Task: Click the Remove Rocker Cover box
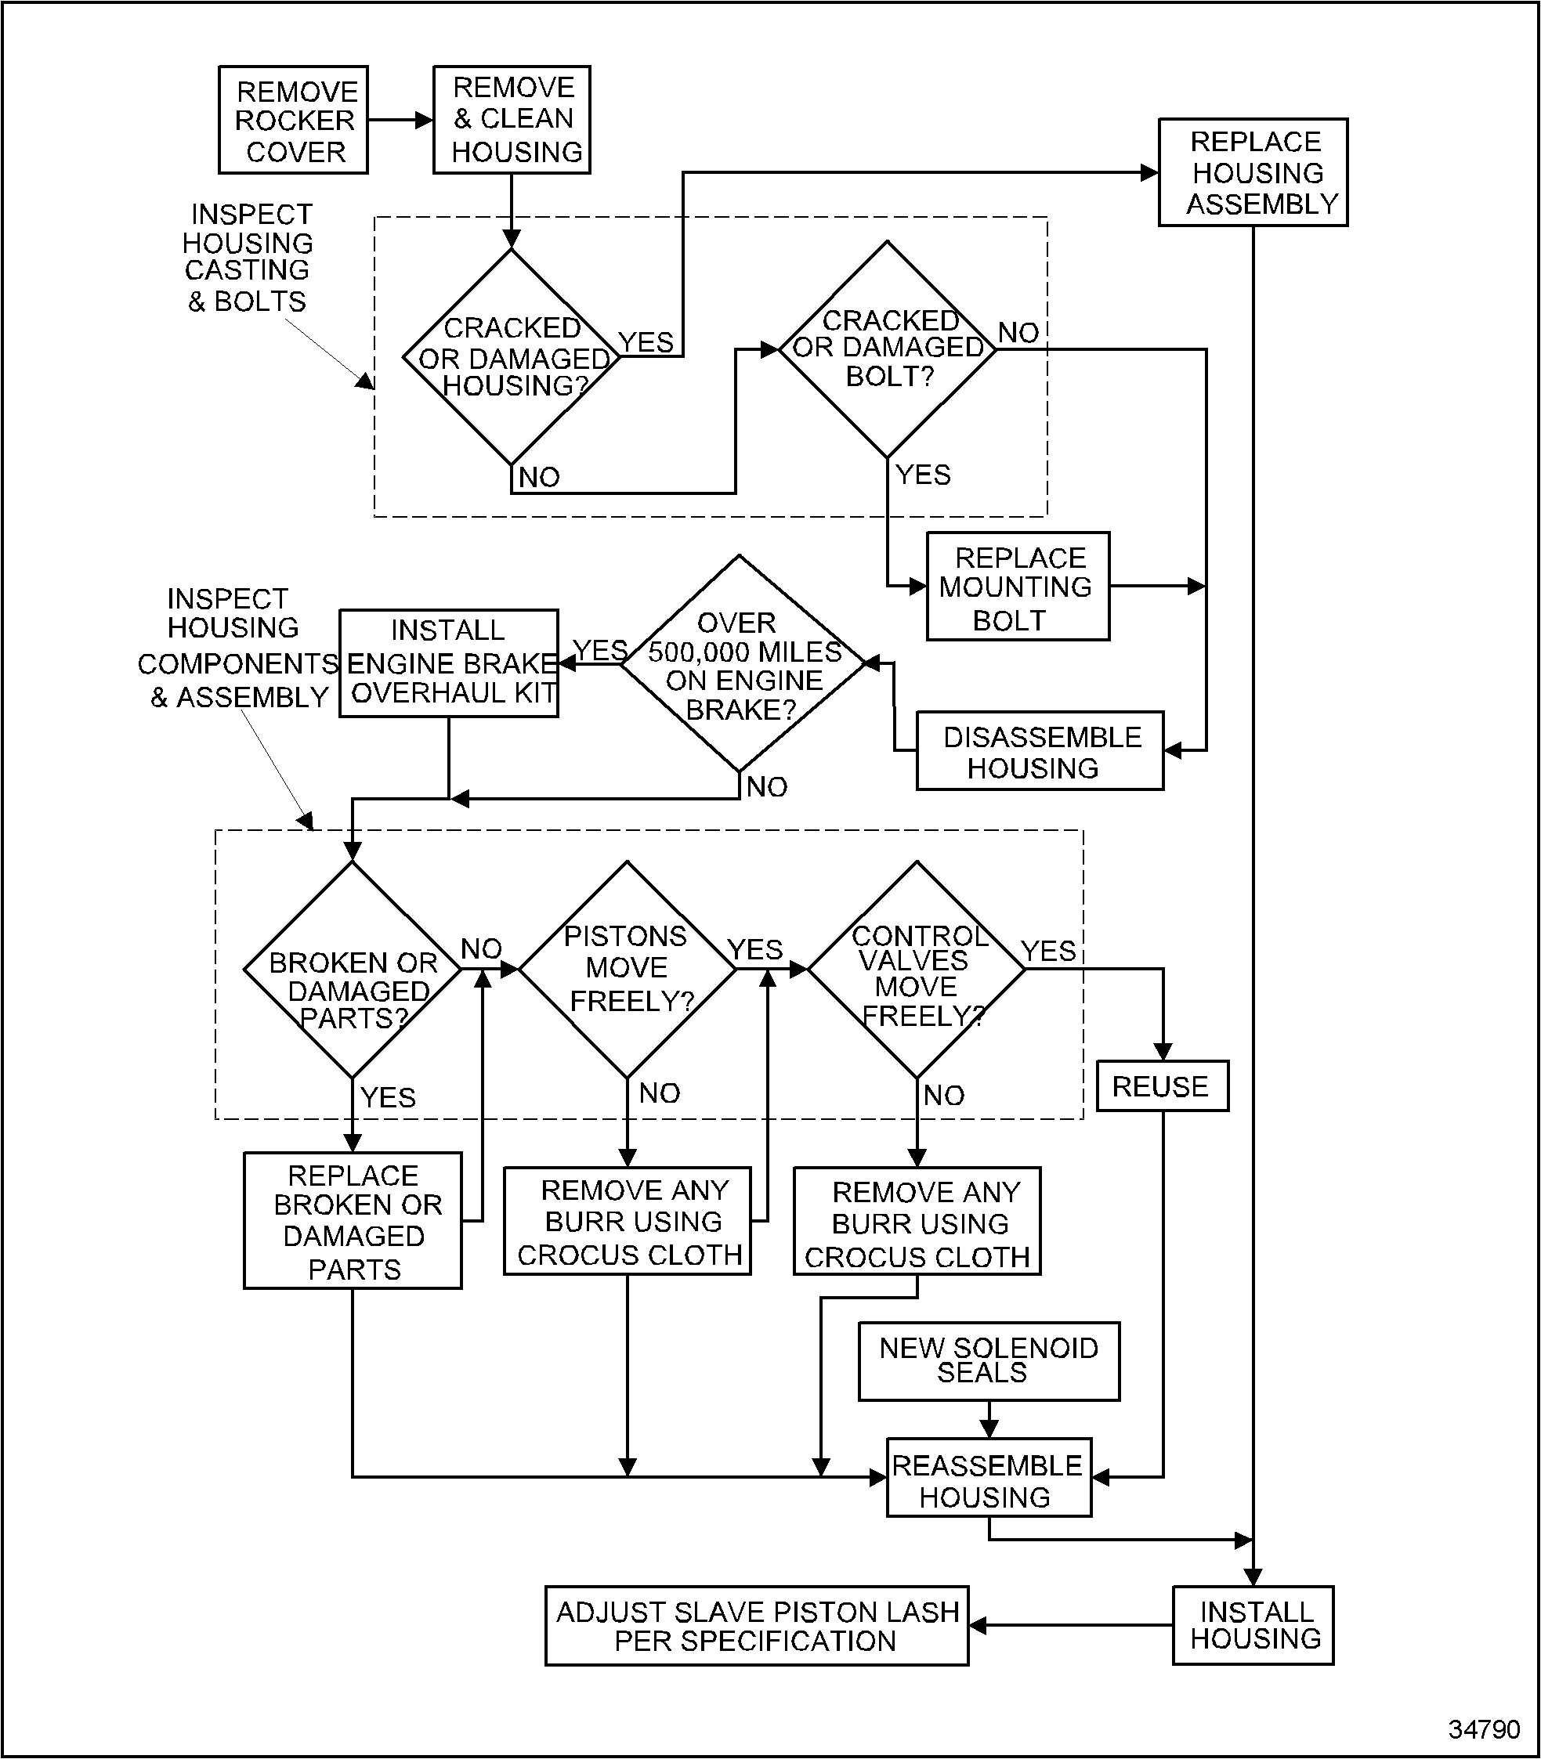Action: pyautogui.click(x=293, y=121)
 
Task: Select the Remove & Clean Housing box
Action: pyautogui.click(x=512, y=121)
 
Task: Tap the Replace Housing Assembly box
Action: pyautogui.click(x=1253, y=173)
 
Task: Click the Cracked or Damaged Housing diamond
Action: pyautogui.click(x=512, y=357)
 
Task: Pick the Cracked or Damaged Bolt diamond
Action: pyautogui.click(x=888, y=349)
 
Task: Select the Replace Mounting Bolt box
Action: pyautogui.click(x=1018, y=587)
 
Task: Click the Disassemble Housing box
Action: pyautogui.click(x=1040, y=751)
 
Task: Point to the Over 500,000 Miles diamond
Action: pyautogui.click(x=740, y=663)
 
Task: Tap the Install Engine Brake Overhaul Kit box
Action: pyautogui.click(x=449, y=663)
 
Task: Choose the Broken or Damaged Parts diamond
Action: pyautogui.click(x=353, y=970)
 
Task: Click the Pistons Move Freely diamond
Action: pyautogui.click(x=628, y=970)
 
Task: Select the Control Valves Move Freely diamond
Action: pyautogui.click(x=917, y=970)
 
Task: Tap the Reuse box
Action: pyautogui.click(x=1163, y=1087)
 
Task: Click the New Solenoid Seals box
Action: pyautogui.click(x=989, y=1362)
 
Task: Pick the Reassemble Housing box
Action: pyautogui.click(x=989, y=1478)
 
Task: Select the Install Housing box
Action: pyautogui.click(x=1253, y=1626)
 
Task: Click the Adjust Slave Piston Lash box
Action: pyautogui.click(x=757, y=1626)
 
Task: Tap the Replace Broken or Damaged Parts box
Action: pyautogui.click(x=353, y=1221)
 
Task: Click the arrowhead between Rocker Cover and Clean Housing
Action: pyautogui.click(x=424, y=121)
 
